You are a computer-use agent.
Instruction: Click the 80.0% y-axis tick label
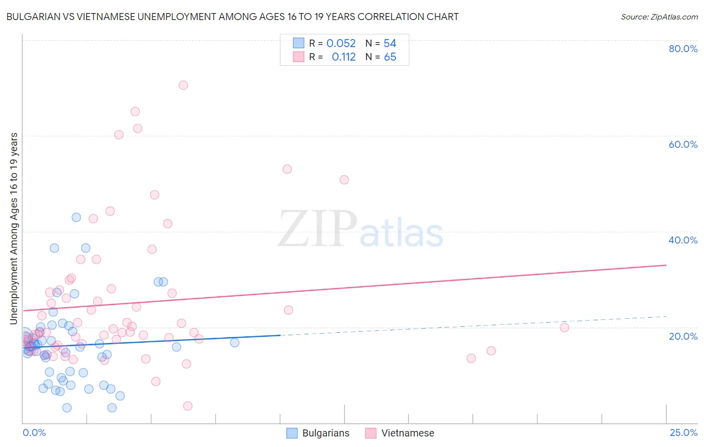pos(683,49)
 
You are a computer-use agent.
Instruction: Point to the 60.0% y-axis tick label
pos(683,144)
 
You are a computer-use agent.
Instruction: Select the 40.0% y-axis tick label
pos(683,240)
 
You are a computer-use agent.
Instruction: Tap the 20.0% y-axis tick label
pos(683,336)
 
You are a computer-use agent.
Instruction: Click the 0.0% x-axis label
pos(34,432)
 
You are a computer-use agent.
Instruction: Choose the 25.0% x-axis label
pos(683,432)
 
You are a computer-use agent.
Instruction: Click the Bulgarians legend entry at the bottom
pos(318,433)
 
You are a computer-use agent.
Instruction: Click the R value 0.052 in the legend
pos(341,44)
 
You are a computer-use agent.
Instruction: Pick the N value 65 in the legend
pos(390,57)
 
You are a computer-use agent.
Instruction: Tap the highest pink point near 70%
pos(183,85)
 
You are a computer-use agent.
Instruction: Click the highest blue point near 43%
pos(76,217)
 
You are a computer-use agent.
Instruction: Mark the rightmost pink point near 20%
pos(564,328)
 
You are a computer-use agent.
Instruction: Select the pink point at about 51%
pos(344,180)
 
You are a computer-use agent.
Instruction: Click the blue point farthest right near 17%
pos(234,343)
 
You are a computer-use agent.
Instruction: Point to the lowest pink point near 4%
pos(188,406)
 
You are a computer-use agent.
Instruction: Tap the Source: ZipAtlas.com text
pos(659,17)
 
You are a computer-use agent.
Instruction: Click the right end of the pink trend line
pos(666,265)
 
